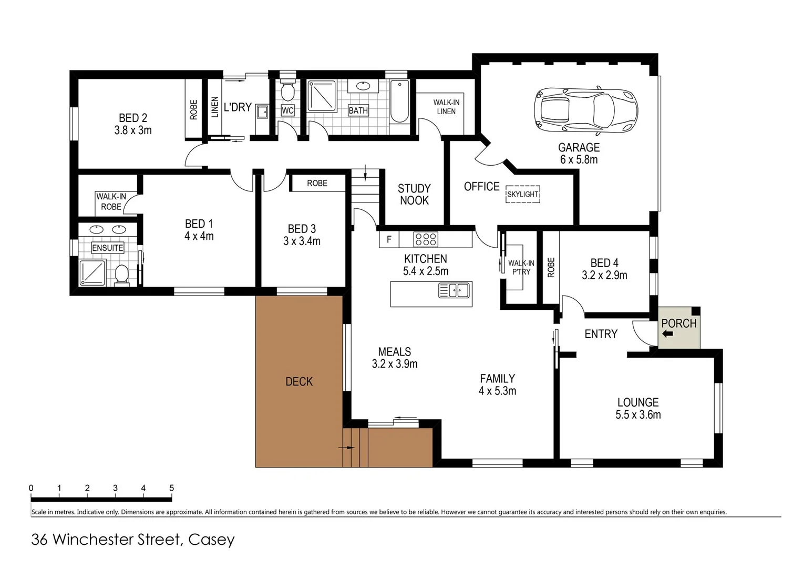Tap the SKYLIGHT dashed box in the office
(522, 194)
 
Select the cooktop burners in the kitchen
(425, 239)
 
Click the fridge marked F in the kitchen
(389, 239)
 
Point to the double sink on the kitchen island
(454, 290)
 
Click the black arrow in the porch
(667, 333)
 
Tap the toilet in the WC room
(287, 92)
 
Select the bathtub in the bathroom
(399, 102)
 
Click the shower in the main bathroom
(321, 96)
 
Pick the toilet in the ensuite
(122, 275)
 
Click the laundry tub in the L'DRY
(262, 111)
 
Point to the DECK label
(299, 382)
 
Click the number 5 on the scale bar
(171, 488)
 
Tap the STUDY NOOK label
(414, 195)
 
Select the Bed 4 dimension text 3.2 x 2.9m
(604, 275)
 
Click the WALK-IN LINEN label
(446, 107)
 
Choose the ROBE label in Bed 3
(317, 183)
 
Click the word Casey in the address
(211, 540)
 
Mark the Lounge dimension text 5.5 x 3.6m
(638, 415)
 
